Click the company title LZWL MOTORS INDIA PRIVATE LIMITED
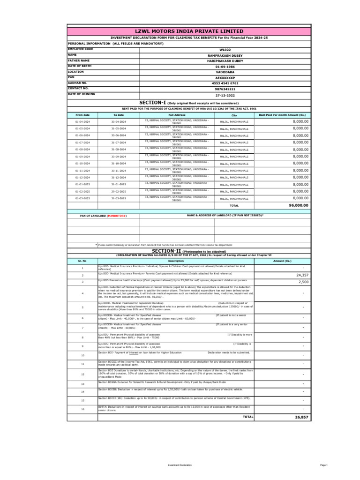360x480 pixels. [x=189, y=31]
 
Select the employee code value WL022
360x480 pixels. [x=225, y=49]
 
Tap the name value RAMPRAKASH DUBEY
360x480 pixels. [x=225, y=55]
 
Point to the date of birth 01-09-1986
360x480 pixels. [x=225, y=67]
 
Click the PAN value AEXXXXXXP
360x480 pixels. [x=225, y=78]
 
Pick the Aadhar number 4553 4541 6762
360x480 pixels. [x=225, y=83]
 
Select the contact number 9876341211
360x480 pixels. [x=225, y=89]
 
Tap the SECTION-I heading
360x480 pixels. [x=152, y=103]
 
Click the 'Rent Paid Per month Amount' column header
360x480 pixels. [x=282, y=115]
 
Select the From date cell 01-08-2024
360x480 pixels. [x=82, y=150]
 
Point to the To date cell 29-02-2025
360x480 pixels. [x=119, y=192]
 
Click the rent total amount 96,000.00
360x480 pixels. [x=299, y=205]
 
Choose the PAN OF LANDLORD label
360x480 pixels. [x=104, y=216]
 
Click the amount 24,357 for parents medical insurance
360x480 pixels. [x=302, y=275]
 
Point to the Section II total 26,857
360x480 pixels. [x=301, y=417]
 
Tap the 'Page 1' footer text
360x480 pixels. [x=323, y=465]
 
